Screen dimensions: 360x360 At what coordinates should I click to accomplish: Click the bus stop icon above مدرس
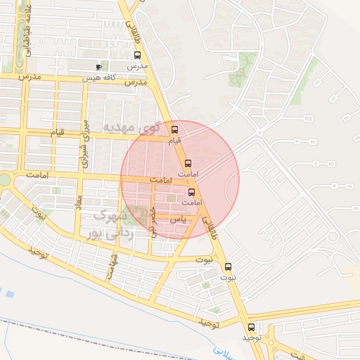click(137, 56)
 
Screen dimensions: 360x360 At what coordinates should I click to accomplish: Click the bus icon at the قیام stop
click(174, 129)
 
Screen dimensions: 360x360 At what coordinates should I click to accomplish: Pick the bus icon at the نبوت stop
click(228, 267)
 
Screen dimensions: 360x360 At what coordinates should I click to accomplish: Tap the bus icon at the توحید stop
click(252, 327)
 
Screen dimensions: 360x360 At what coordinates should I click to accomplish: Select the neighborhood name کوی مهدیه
click(131, 127)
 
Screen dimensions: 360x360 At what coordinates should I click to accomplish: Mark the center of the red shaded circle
click(180, 180)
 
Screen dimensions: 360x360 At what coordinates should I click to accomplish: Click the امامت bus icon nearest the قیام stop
click(187, 163)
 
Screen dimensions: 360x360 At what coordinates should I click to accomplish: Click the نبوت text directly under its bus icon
click(228, 278)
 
